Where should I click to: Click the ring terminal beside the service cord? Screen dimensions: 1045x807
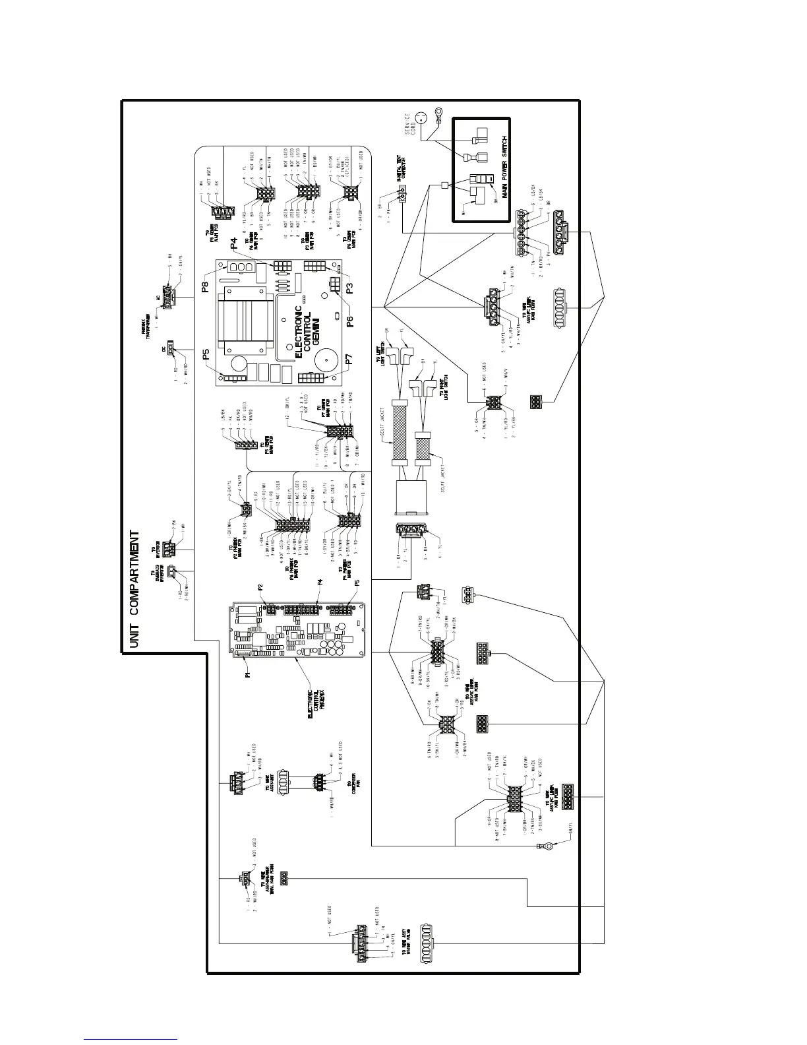pyautogui.click(x=436, y=113)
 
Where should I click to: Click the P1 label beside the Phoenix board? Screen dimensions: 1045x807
pyautogui.click(x=249, y=675)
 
